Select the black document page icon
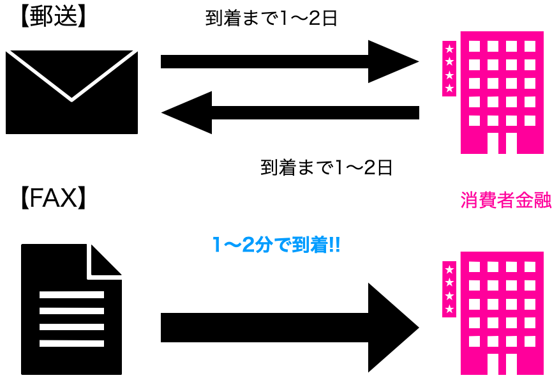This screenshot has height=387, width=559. (71, 310)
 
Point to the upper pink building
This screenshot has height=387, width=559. (502, 93)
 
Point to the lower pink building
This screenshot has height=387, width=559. (502, 313)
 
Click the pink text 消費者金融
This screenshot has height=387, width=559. (505, 201)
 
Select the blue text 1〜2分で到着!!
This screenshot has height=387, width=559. (276, 244)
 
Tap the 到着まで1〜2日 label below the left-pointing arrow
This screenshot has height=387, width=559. (326, 168)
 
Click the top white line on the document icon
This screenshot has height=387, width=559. (71, 295)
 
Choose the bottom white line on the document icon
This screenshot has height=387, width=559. (71, 343)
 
